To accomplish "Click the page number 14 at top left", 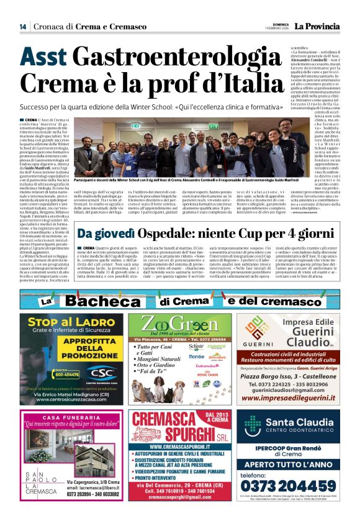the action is pyautogui.click(x=23, y=27).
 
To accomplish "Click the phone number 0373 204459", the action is pyautogui.click(x=290, y=490).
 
